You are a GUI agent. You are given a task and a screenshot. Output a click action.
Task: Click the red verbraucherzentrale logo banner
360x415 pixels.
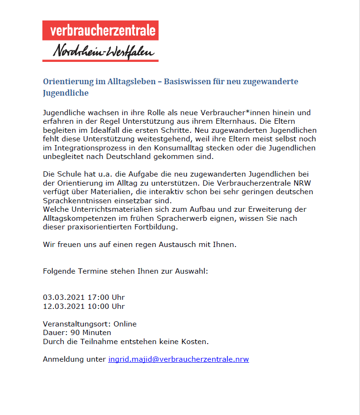[x=100, y=30]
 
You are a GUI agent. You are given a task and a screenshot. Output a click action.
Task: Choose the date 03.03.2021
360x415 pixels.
[x=61, y=297]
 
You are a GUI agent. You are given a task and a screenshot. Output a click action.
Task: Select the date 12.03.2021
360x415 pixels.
[x=61, y=306]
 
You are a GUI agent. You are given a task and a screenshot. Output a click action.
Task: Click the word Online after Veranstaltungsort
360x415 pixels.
[x=125, y=324]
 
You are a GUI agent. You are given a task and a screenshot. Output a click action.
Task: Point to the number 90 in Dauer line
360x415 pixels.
[x=70, y=333]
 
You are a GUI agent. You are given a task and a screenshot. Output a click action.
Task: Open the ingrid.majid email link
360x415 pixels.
[x=179, y=359]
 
